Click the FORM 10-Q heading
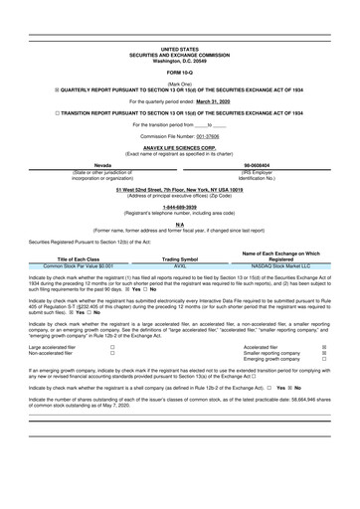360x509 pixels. pos(179,74)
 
